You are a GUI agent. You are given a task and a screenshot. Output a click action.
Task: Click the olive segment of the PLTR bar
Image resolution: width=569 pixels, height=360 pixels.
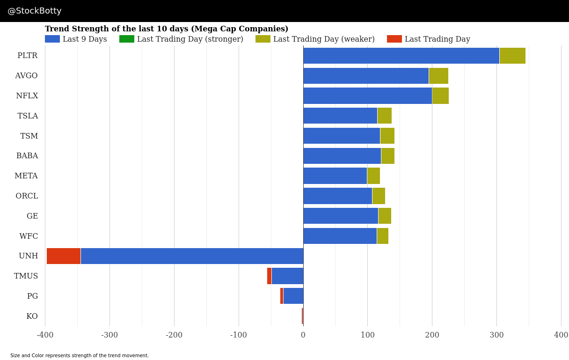(512, 56)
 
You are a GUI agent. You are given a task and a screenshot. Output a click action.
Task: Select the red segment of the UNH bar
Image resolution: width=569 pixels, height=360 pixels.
(64, 256)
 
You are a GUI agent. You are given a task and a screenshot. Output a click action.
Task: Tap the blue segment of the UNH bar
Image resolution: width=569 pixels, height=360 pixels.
(192, 256)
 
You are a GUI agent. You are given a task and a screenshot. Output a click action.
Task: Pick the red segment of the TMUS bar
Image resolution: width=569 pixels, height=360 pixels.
(269, 276)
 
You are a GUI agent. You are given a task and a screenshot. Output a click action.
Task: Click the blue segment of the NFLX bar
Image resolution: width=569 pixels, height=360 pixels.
(367, 96)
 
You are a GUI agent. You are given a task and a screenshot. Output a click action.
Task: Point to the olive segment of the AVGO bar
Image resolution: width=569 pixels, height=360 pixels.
(438, 76)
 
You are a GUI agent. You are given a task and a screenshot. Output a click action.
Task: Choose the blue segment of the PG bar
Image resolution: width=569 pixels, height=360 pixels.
(293, 296)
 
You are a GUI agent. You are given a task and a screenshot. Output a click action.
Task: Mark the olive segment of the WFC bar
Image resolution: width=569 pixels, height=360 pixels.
(383, 236)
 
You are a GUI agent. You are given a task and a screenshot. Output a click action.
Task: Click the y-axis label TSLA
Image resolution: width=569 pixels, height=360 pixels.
(28, 116)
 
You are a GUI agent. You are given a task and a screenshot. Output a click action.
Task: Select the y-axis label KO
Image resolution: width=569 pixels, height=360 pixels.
(32, 316)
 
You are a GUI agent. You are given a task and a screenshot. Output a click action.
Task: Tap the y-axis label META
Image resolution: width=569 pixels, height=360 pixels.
(26, 176)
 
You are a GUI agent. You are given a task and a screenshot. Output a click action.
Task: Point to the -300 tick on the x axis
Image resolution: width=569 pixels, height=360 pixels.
(109, 335)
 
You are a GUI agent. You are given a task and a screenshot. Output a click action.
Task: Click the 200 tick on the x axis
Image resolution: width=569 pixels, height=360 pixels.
(432, 335)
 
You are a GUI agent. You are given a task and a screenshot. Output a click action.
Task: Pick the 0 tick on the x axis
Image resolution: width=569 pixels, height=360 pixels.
(303, 335)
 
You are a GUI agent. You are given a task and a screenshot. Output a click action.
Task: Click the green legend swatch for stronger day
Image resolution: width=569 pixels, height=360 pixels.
(127, 39)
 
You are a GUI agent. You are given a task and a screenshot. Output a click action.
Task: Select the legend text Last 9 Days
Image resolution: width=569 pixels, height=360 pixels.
(85, 39)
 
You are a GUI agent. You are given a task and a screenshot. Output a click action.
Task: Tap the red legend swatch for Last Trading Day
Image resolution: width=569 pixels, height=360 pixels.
(394, 39)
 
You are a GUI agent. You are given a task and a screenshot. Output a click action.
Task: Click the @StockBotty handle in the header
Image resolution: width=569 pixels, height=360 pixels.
(35, 11)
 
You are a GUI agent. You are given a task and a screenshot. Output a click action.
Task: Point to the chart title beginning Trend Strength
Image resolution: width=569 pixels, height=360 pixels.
(167, 29)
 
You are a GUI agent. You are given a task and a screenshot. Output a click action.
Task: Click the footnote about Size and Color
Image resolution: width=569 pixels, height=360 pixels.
(80, 356)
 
